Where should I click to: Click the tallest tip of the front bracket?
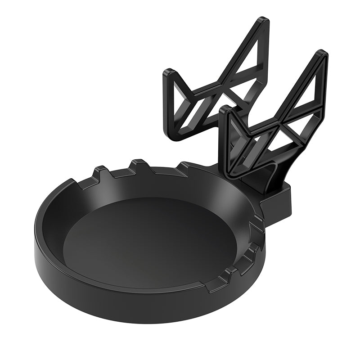321,55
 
